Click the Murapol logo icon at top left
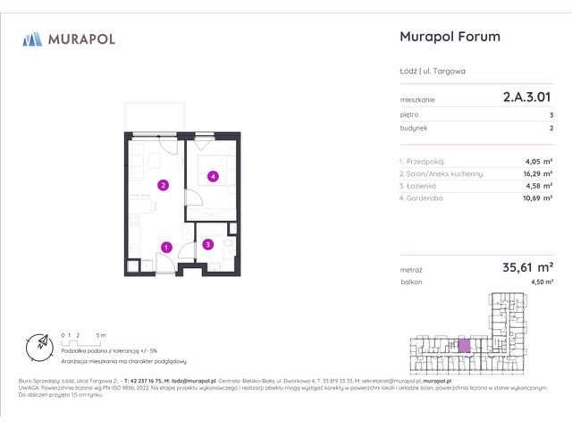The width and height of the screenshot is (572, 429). [33, 38]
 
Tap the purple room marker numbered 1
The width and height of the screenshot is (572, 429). [166, 247]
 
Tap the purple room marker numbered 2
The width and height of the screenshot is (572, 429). [163, 186]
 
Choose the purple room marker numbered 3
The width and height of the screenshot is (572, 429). [207, 244]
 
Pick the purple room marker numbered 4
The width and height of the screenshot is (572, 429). [213, 176]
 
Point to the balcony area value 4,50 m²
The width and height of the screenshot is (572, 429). [541, 282]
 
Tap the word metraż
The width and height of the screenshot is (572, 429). [411, 269]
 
